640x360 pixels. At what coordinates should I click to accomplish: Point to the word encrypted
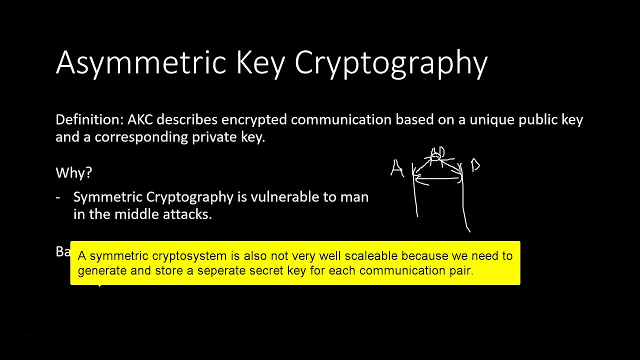[x=254, y=120]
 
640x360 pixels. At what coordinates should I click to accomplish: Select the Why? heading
[x=73, y=173]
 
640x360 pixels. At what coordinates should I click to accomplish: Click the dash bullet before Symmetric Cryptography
[x=58, y=197]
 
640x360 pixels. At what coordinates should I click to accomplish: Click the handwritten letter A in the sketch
[x=397, y=169]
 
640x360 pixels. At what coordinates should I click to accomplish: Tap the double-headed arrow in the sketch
[x=437, y=176]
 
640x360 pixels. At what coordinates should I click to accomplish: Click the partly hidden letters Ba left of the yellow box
[x=63, y=251]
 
